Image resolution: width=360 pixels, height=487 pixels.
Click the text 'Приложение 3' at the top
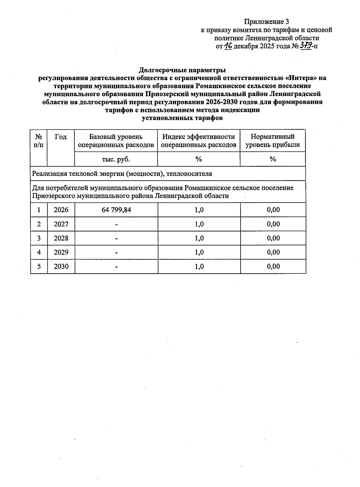(266, 22)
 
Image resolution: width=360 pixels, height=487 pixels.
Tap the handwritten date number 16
(228, 46)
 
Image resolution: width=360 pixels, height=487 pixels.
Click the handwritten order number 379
(305, 46)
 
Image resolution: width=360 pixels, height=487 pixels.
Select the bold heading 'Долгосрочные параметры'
(182, 70)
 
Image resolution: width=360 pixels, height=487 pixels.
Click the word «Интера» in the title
(301, 78)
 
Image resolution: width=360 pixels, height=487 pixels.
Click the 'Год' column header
(61, 137)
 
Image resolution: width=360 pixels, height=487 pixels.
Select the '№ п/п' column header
(39, 141)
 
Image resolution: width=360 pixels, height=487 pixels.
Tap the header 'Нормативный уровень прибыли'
(272, 141)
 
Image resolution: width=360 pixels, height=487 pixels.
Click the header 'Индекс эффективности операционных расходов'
(199, 141)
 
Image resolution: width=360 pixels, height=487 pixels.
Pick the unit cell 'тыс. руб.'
(116, 159)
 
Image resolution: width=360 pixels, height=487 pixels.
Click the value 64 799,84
(116, 210)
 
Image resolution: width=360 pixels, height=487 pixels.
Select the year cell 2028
(61, 238)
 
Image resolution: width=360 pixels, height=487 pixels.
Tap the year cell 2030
(61, 266)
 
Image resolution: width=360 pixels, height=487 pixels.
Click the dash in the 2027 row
(116, 224)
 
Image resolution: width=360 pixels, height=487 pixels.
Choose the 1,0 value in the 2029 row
(199, 252)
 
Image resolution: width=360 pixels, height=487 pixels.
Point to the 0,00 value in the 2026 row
(273, 210)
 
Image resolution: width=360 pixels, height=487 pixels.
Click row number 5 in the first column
(39, 266)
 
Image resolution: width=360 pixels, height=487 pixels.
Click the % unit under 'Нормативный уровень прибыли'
(272, 159)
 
